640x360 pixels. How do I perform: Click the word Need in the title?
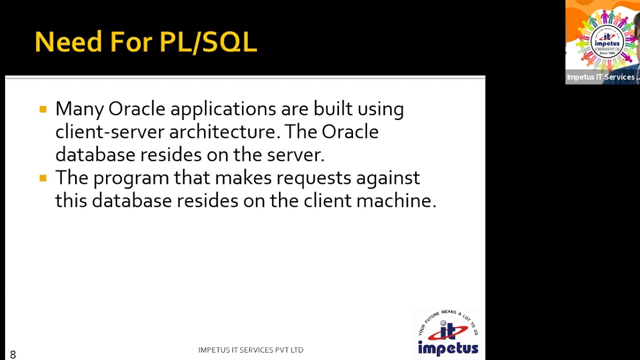[x=68, y=41]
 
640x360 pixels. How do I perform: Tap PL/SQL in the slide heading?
[x=208, y=41]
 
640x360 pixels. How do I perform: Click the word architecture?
[x=222, y=132]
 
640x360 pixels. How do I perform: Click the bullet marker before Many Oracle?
[x=43, y=109]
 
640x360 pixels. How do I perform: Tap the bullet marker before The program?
[x=43, y=177]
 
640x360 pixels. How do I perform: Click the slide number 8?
[x=13, y=354]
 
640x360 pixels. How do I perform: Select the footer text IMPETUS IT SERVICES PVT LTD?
[x=250, y=350]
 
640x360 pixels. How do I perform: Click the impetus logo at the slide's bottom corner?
[x=448, y=333]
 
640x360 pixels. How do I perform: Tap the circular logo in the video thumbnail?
[x=606, y=40]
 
